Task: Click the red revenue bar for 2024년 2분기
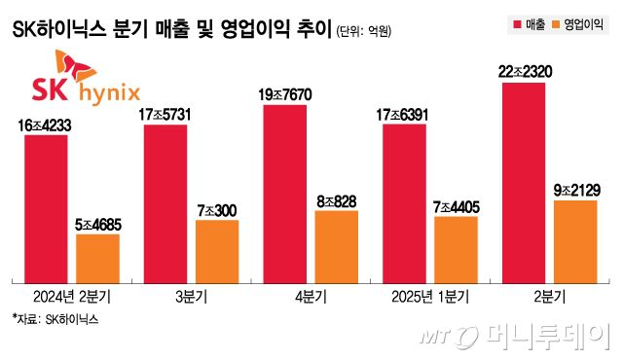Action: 46,206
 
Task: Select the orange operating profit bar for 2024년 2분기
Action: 97,256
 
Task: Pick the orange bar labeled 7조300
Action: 216,249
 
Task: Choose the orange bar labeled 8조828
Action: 336,244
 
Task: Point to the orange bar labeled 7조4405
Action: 456,247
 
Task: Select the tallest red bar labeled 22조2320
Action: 524,180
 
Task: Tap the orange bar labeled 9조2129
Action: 575,239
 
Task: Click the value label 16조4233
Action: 46,125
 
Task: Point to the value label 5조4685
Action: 97,224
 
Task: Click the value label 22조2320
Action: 524,72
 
